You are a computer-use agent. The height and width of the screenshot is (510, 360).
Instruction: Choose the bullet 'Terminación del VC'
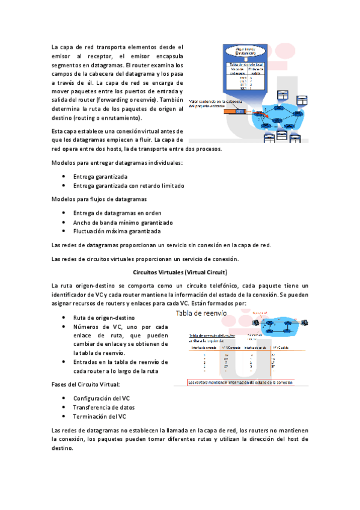click(x=99, y=416)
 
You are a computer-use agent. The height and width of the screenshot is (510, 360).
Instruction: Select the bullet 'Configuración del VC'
click(x=101, y=398)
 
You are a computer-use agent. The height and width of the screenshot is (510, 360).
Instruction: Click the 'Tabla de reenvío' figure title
click(x=201, y=313)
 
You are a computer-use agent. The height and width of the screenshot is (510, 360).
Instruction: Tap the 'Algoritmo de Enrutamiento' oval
click(x=246, y=51)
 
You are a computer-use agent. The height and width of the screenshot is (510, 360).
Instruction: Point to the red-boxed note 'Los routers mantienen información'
click(x=240, y=382)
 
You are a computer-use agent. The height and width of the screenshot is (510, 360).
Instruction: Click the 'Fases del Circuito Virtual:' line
click(x=86, y=384)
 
